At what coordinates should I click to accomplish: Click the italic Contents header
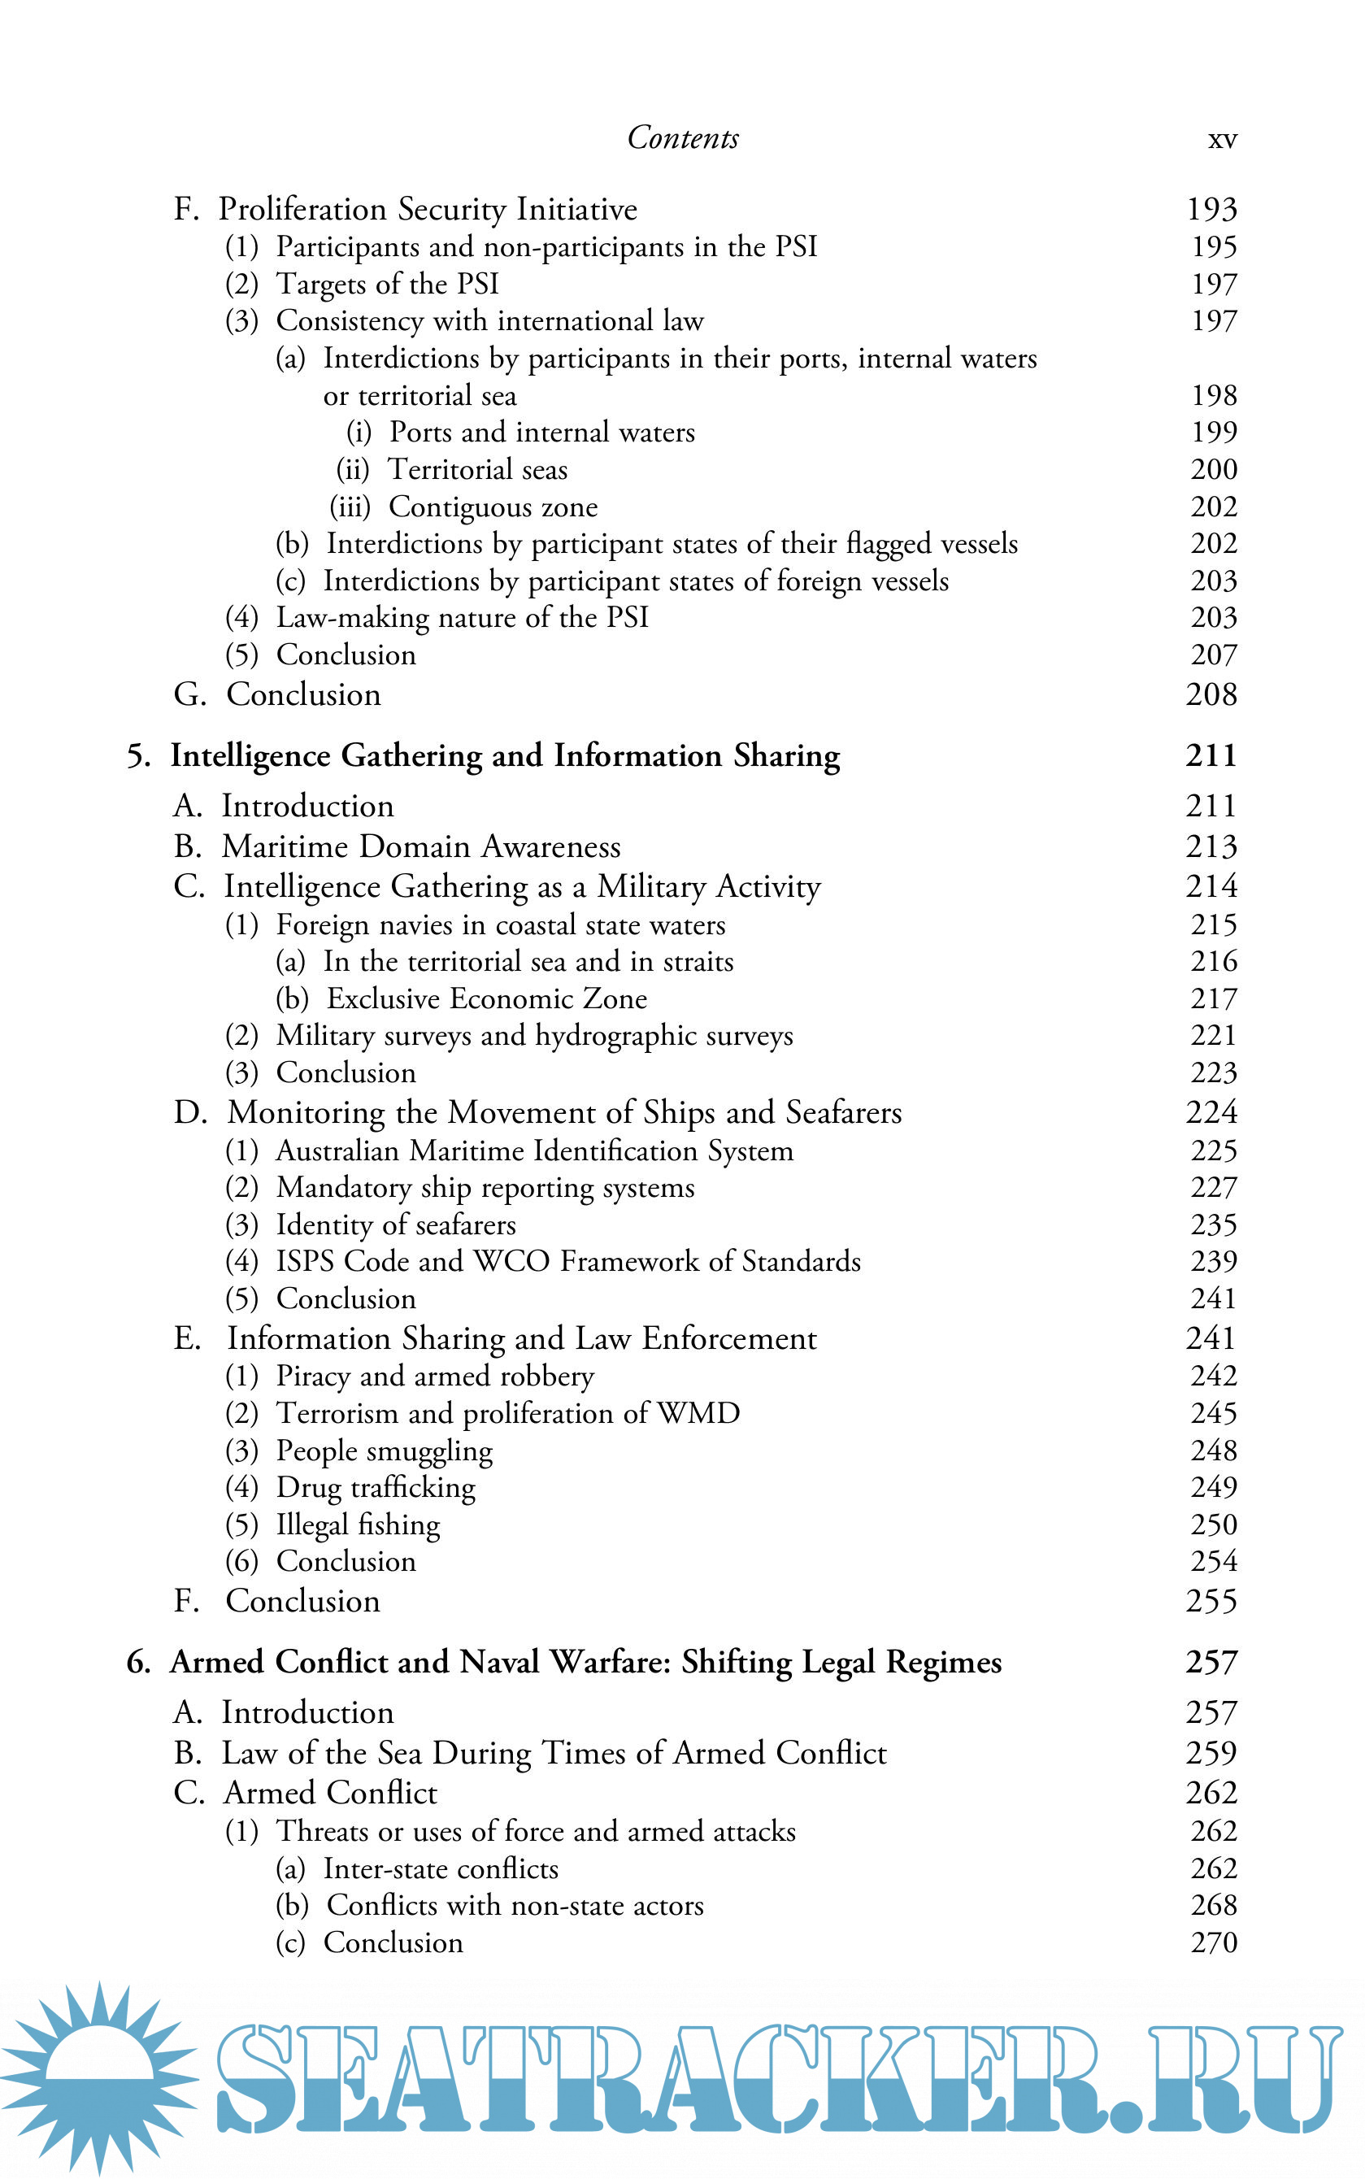(x=683, y=138)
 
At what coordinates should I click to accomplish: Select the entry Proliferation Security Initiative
(x=427, y=210)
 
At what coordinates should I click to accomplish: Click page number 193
(x=1211, y=210)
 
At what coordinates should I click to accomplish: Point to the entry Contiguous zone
(x=492, y=507)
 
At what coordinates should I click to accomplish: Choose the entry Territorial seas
(x=476, y=469)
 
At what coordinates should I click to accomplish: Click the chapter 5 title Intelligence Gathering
(x=505, y=755)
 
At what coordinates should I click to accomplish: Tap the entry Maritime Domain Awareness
(x=420, y=846)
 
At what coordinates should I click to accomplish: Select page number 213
(x=1211, y=846)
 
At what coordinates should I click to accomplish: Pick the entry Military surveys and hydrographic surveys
(x=533, y=1035)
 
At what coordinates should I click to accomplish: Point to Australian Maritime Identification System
(x=533, y=1150)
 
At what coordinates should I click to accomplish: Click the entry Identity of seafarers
(x=395, y=1225)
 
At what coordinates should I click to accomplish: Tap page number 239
(x=1212, y=1262)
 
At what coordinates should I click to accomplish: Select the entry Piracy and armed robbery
(x=434, y=1377)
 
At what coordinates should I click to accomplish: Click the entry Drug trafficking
(x=375, y=1488)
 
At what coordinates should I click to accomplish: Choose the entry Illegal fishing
(x=358, y=1524)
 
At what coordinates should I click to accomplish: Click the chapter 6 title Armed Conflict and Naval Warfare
(x=585, y=1663)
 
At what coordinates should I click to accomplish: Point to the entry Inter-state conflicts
(x=441, y=1868)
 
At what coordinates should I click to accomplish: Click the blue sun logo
(x=99, y=2076)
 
